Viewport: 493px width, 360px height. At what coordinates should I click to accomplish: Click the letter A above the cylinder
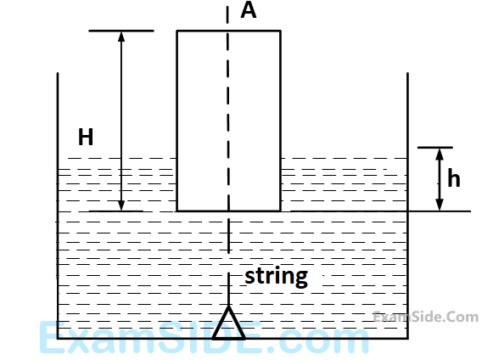(249, 10)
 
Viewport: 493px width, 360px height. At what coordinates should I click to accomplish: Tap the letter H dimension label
(86, 137)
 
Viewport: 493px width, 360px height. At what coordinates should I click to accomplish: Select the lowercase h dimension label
(454, 177)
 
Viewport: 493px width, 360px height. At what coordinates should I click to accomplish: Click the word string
(276, 277)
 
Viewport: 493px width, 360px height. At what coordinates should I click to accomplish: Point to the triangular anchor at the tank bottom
(228, 323)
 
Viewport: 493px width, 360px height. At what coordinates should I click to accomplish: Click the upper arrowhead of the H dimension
(121, 37)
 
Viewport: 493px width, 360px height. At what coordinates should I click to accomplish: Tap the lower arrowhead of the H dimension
(121, 205)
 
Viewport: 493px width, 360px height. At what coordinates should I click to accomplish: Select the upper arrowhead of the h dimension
(440, 154)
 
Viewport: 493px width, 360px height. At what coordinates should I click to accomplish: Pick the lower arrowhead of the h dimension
(440, 205)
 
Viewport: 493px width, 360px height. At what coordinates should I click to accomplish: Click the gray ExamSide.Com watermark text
(426, 317)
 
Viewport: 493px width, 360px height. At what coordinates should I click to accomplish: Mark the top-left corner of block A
(177, 31)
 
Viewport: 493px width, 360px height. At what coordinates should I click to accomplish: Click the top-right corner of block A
(280, 31)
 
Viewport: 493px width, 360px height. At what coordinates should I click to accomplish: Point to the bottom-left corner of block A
(177, 211)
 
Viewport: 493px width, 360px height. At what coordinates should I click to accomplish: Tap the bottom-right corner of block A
(280, 211)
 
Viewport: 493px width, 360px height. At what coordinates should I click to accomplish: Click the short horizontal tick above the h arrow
(435, 147)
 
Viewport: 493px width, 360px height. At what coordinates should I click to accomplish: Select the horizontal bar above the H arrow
(121, 31)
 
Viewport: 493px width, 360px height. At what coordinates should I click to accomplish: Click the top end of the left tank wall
(58, 73)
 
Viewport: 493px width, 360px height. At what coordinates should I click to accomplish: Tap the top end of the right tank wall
(408, 73)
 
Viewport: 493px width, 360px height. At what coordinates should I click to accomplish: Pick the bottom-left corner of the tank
(58, 338)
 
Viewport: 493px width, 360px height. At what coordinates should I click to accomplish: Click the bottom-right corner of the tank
(408, 338)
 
